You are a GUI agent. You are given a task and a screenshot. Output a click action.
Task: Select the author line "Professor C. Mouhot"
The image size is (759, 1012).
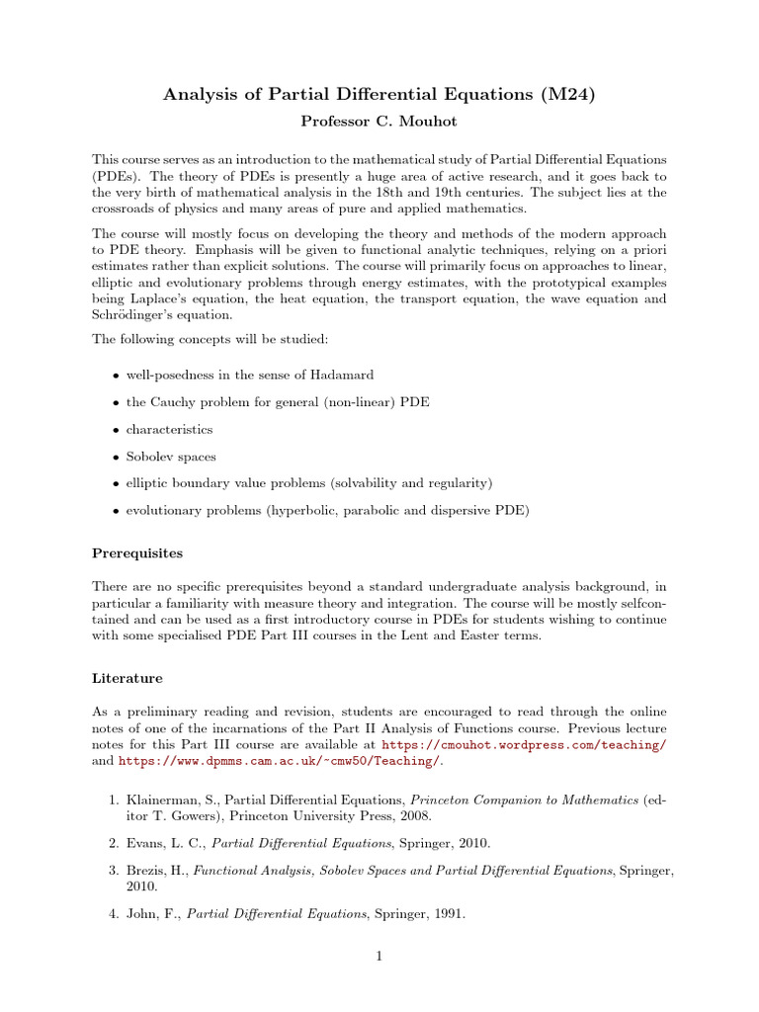pos(379,121)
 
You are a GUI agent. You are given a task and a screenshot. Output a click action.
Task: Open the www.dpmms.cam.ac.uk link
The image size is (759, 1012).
pos(278,762)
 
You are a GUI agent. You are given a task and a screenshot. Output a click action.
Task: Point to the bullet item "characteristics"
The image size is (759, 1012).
pos(168,430)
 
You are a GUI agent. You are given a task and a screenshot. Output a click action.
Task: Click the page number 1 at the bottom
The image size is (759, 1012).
pos(379,956)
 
